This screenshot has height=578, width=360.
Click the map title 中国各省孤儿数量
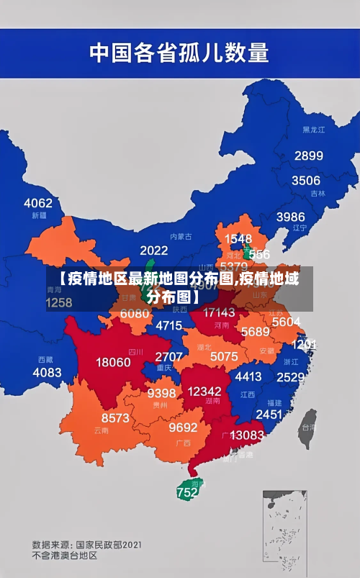click(179, 52)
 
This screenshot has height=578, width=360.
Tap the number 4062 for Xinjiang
click(37, 202)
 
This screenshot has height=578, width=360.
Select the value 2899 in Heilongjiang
click(308, 155)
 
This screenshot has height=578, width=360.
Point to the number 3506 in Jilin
click(305, 180)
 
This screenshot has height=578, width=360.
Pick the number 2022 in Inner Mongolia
click(153, 250)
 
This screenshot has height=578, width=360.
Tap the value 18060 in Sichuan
click(114, 361)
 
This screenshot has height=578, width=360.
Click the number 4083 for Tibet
click(47, 372)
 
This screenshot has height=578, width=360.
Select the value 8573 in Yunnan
click(115, 417)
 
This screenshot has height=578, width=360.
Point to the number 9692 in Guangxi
click(183, 427)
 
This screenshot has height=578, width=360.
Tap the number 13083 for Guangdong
click(247, 435)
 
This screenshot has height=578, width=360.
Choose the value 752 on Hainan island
click(187, 493)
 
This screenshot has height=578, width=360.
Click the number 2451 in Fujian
click(269, 414)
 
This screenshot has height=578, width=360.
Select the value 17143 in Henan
click(219, 312)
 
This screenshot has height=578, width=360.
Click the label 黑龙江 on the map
click(313, 130)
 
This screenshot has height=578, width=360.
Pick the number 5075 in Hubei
click(224, 356)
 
